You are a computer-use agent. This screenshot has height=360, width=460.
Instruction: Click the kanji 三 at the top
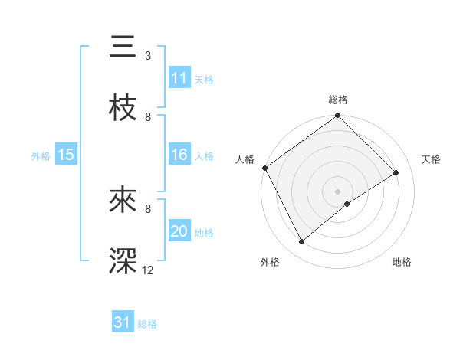[x=123, y=47]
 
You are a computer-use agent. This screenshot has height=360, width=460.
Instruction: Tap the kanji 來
[x=123, y=202]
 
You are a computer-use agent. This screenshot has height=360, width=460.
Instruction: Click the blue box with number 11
[x=179, y=78]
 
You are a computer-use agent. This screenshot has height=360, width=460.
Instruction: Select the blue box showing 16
[x=179, y=155]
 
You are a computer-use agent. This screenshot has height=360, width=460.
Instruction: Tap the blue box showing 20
[x=179, y=231]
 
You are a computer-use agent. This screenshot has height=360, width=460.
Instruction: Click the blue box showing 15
[x=66, y=155]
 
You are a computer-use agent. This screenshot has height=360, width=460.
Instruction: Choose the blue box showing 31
[x=123, y=322]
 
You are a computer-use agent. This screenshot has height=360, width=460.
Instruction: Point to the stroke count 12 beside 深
[x=148, y=270]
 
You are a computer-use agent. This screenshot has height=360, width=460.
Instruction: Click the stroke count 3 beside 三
[x=148, y=56]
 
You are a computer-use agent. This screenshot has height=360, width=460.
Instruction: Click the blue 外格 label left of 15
[x=41, y=155]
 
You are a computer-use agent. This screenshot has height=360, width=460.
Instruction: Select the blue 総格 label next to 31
[x=147, y=323]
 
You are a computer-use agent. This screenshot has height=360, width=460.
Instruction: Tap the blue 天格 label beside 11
[x=204, y=79]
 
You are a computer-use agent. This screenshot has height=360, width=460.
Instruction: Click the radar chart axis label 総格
[x=338, y=100]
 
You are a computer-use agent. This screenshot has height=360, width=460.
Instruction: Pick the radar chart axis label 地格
[x=402, y=263]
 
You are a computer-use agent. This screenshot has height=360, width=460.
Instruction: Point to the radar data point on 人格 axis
[x=264, y=168]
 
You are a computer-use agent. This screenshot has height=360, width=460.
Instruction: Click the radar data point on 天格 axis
[x=396, y=173]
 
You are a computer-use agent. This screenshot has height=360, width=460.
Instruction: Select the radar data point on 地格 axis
[x=347, y=204]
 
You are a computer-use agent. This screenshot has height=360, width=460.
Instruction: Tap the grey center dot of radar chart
[x=338, y=191]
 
